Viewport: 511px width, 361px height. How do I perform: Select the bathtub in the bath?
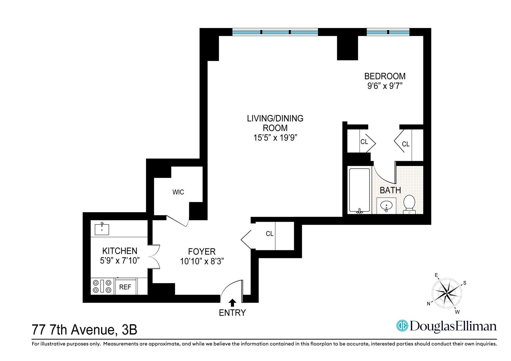click(x=360, y=190)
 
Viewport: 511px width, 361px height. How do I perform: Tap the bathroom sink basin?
click(x=386, y=205)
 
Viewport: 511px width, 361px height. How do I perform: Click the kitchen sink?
click(x=102, y=229)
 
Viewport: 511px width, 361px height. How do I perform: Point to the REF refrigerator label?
click(x=125, y=287)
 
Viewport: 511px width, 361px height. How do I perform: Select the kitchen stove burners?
click(x=102, y=286)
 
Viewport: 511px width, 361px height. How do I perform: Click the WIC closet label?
click(x=178, y=192)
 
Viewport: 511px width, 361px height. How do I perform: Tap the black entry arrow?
click(x=232, y=303)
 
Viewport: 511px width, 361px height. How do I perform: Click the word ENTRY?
click(x=232, y=313)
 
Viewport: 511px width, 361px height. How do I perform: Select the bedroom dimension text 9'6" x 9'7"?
click(x=384, y=86)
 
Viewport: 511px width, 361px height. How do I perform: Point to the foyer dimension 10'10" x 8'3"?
click(x=202, y=262)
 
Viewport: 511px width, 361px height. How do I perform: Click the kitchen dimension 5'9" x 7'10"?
click(x=120, y=261)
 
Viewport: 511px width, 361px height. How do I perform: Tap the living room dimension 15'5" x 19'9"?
click(x=275, y=138)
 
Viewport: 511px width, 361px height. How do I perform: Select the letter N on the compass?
click(x=428, y=304)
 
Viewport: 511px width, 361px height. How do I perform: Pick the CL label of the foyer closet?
click(x=270, y=234)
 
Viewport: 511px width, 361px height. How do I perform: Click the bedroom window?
click(x=388, y=32)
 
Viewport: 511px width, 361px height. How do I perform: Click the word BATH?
click(x=390, y=190)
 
